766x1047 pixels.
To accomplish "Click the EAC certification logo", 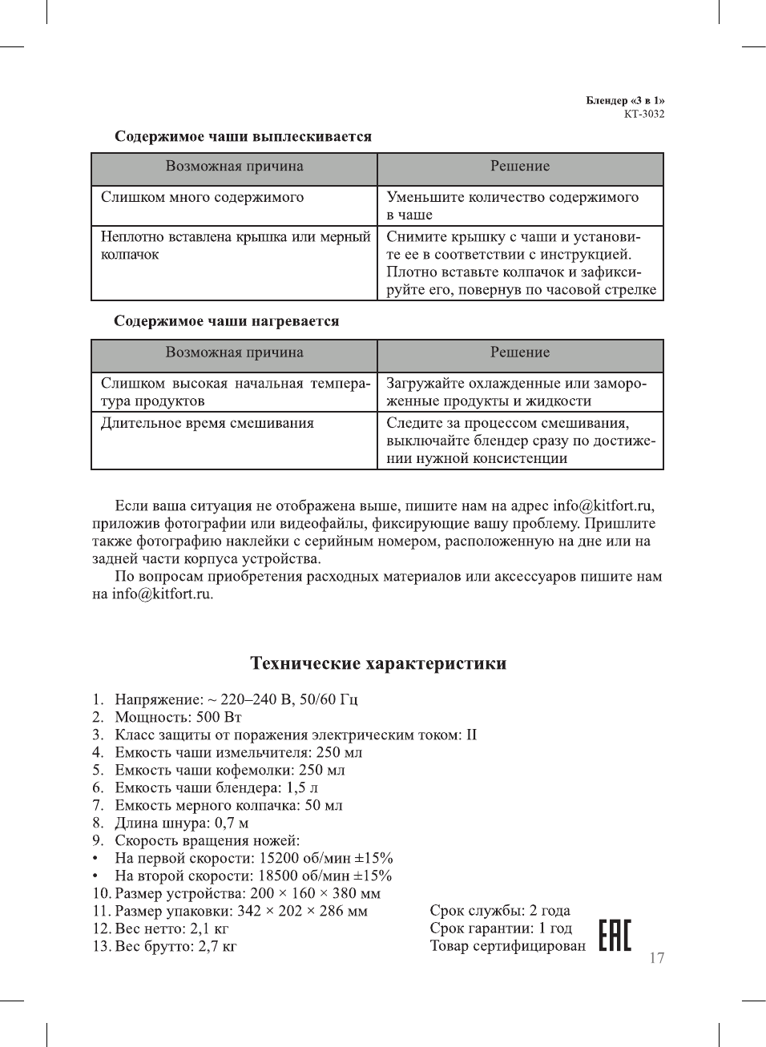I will [615, 935].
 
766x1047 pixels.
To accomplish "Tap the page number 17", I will [656, 958].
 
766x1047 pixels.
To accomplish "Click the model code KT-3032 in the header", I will [644, 114].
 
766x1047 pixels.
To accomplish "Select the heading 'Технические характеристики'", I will [378, 663].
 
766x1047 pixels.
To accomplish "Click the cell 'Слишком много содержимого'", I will [202, 197].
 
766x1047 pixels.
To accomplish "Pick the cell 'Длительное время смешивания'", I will [207, 423].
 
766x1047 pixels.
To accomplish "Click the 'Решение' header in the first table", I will [520, 167].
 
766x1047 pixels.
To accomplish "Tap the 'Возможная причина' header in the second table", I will [234, 352].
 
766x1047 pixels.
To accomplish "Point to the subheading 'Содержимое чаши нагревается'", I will [227, 321].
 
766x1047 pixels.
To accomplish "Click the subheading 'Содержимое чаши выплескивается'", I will [243, 136].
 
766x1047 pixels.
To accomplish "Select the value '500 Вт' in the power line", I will [219, 717].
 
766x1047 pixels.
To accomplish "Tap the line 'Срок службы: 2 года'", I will [500, 910].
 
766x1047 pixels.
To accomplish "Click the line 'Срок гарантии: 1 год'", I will [501, 928].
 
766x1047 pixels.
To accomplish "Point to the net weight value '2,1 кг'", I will [209, 928].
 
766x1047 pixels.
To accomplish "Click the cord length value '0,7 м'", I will [232, 823].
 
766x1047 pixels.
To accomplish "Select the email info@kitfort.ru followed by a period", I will [163, 594].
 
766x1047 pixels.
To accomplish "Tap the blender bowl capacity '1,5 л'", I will [302, 787].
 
